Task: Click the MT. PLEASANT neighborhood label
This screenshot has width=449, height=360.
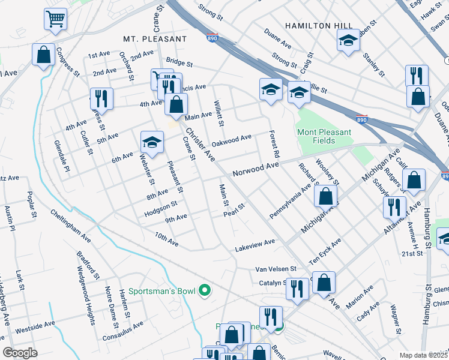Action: pyautogui.click(x=155, y=38)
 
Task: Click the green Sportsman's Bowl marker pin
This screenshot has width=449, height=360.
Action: pyautogui.click(x=205, y=291)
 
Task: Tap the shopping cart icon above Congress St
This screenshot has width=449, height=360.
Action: pyautogui.click(x=55, y=19)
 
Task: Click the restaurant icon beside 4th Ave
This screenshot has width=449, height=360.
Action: pyautogui.click(x=101, y=98)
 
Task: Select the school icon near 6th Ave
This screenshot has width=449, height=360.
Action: pyautogui.click(x=152, y=142)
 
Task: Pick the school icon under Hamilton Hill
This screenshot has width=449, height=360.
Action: pyautogui.click(x=348, y=41)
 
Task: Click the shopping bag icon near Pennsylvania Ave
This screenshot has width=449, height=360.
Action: pyautogui.click(x=325, y=196)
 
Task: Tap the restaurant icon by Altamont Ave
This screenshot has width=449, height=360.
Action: pyautogui.click(x=394, y=207)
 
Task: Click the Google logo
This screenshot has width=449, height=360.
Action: pyautogui.click(x=20, y=353)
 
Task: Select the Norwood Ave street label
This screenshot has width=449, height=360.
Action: pyautogui.click(x=256, y=169)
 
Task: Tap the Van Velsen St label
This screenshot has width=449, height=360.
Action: pyautogui.click(x=276, y=269)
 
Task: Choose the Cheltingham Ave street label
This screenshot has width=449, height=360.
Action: pyautogui.click(x=70, y=226)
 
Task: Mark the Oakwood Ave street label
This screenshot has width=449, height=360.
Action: pyautogui.click(x=231, y=141)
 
